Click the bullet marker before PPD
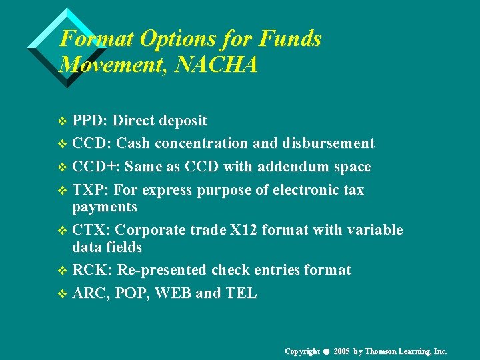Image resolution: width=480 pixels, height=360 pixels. pos(63,121)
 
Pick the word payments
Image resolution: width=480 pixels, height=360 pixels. pos(105,207)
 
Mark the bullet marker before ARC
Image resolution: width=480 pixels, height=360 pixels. pos(63,294)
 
